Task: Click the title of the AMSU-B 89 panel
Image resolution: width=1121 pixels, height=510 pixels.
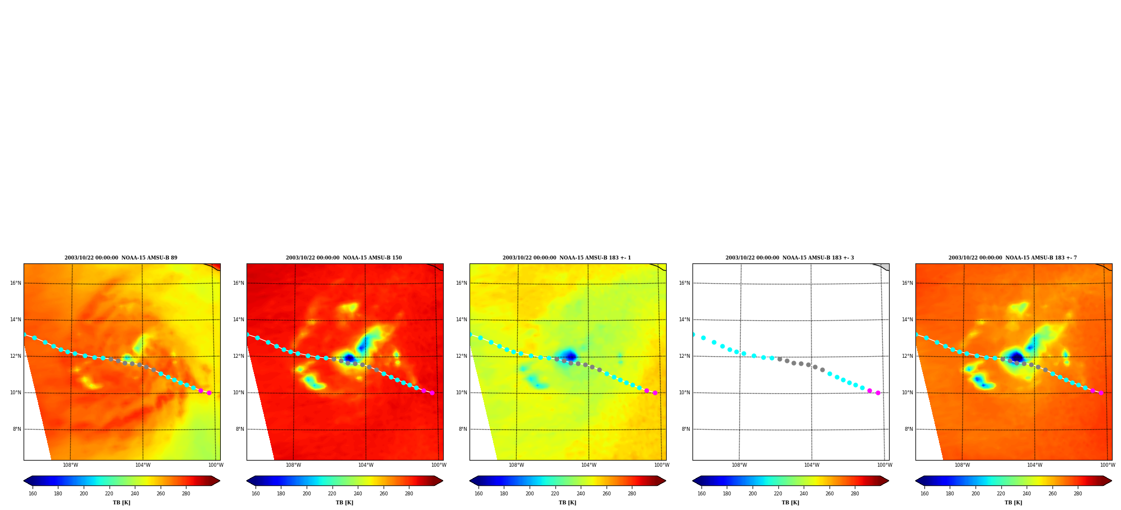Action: tap(121, 258)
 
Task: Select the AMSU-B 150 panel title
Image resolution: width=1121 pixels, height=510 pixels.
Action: tap(344, 258)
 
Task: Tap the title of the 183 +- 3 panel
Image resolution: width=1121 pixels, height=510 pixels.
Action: tap(790, 258)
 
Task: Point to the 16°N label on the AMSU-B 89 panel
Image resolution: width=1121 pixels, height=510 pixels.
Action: tap(16, 283)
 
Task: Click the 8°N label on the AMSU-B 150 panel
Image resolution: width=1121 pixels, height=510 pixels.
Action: tap(240, 429)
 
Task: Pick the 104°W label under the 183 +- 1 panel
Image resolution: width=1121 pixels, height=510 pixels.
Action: tap(589, 465)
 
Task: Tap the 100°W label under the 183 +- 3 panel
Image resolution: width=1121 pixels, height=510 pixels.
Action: tap(885, 465)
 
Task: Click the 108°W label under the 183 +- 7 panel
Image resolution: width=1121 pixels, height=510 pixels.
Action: tap(962, 465)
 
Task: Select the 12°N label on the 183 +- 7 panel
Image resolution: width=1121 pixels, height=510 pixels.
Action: tap(908, 356)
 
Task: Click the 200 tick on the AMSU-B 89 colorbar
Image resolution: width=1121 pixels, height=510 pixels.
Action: tap(84, 494)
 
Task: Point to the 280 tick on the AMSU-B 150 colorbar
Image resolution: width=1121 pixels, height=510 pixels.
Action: tap(409, 494)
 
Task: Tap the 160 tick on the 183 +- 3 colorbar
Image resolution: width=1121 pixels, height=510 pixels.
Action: tap(701, 494)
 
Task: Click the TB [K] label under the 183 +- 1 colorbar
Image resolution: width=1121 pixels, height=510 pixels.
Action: tap(567, 503)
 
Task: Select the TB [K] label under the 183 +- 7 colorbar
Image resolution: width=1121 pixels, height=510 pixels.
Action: tap(1013, 503)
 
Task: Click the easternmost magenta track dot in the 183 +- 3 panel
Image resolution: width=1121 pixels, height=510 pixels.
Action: tap(878, 393)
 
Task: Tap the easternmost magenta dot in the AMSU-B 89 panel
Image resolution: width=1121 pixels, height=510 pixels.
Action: tap(209, 393)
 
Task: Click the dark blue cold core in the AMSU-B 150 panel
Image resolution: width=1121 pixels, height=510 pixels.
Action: tap(349, 358)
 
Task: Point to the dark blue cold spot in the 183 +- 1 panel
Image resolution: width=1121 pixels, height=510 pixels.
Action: tap(571, 356)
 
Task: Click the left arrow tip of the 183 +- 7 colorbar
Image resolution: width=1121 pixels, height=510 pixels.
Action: tap(916, 481)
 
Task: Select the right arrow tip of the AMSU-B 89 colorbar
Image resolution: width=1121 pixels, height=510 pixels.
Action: tap(220, 481)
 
